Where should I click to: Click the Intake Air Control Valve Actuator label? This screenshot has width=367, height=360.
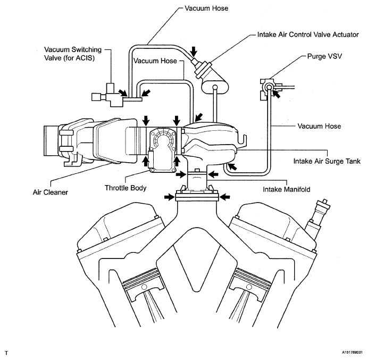(308, 35)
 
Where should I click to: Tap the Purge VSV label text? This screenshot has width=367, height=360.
(324, 56)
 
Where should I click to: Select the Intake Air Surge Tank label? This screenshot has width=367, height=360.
(327, 161)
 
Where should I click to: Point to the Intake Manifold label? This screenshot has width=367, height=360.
(287, 189)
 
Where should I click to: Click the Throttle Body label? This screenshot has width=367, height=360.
(126, 188)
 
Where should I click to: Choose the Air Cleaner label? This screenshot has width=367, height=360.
(51, 192)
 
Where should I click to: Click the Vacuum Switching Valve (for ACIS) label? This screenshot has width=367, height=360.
(73, 54)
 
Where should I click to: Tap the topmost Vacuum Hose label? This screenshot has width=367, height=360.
(206, 9)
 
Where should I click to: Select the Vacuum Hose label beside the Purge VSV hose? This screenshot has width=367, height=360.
(319, 127)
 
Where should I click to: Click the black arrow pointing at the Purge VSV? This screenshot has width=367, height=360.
(276, 94)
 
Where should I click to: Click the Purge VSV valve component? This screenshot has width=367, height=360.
(268, 89)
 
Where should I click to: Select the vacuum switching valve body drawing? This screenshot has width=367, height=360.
(108, 96)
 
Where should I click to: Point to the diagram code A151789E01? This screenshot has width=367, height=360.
(352, 352)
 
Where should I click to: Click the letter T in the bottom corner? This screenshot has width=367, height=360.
(6, 353)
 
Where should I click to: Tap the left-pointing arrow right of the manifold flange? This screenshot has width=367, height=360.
(225, 197)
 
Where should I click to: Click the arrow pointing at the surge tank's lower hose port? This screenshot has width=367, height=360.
(232, 166)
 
